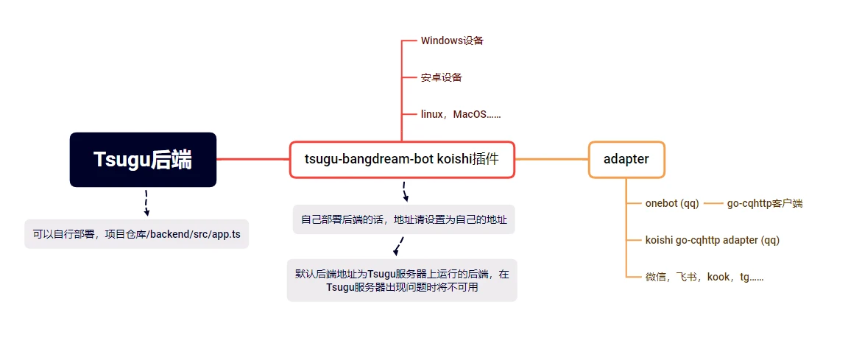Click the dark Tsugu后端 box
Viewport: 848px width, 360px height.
coord(143,160)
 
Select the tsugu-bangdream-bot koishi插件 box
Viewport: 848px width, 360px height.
coord(402,160)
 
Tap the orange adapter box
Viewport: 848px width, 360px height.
coord(626,160)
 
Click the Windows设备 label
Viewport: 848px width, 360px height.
coord(451,40)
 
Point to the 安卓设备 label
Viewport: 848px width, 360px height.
coord(442,77)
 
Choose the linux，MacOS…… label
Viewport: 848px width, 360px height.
coord(461,114)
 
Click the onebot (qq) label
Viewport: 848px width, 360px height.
coord(672,204)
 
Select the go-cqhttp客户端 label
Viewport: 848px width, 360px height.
coord(765,204)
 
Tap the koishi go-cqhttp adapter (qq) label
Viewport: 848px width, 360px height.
coord(713,240)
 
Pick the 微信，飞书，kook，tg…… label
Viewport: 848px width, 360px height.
coord(704,277)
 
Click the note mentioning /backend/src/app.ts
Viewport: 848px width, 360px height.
coord(136,234)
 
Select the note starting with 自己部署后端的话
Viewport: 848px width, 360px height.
coord(403,219)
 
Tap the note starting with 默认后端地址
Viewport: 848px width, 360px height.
coord(402,280)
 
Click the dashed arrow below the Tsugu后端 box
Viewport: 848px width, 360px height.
coord(146,202)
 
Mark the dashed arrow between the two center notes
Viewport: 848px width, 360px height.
coord(399,247)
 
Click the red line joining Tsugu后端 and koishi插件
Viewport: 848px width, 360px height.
coord(253,159)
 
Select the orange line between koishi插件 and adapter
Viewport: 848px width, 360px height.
coord(551,160)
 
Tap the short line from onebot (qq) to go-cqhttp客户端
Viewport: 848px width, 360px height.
coord(713,204)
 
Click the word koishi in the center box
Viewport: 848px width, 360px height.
coord(453,160)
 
